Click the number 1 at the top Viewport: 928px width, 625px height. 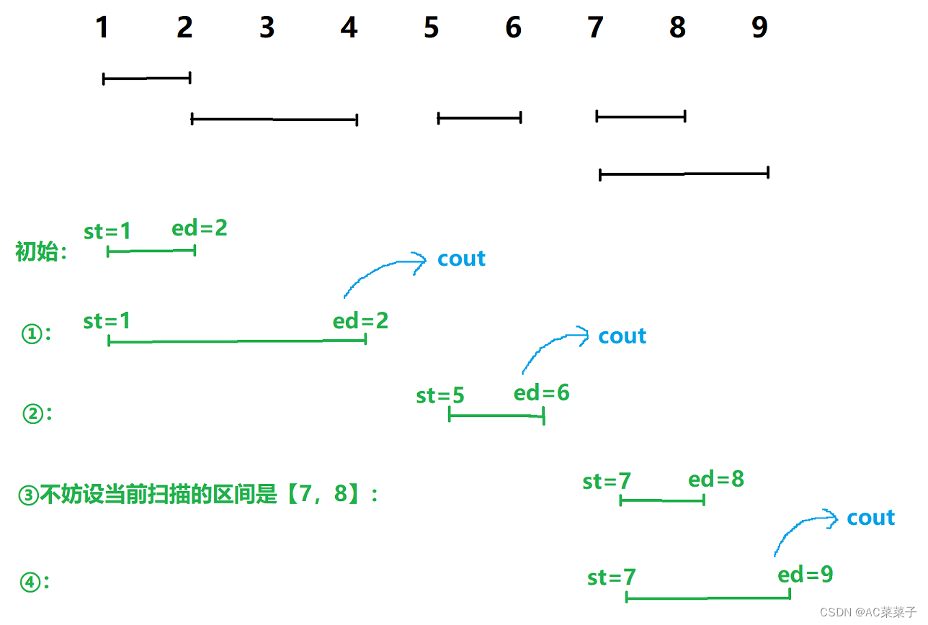(x=102, y=27)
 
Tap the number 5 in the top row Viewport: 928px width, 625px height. (x=431, y=27)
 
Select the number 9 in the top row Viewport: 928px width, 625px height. (x=759, y=27)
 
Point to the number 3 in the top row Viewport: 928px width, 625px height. (x=267, y=27)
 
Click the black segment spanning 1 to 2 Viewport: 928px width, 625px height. (x=147, y=78)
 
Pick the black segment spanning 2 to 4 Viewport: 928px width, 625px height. (x=275, y=119)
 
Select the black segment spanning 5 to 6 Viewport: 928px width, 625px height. (x=479, y=117)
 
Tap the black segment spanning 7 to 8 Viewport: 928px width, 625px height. (x=641, y=116)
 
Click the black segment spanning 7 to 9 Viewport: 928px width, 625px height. (x=684, y=174)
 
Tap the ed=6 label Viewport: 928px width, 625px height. (x=541, y=392)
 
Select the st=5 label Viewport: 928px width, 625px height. (x=440, y=396)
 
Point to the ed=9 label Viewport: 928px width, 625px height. (x=806, y=575)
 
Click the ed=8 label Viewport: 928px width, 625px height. (x=716, y=480)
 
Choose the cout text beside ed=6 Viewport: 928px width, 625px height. (x=623, y=336)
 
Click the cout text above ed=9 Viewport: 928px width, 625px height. (x=870, y=518)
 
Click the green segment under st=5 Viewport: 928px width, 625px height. (x=496, y=415)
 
